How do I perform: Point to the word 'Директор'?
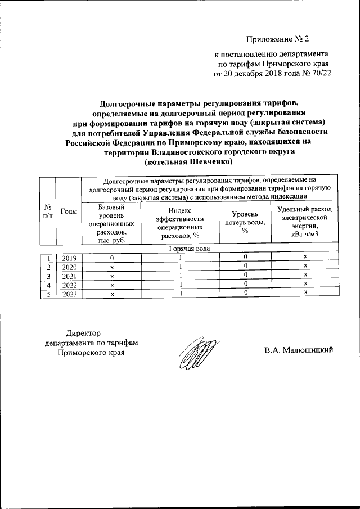(x=83, y=333)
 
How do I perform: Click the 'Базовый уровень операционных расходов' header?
(x=111, y=223)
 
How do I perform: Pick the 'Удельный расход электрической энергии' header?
(x=305, y=223)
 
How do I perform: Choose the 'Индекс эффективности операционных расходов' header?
(x=179, y=223)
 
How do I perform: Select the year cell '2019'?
(x=69, y=257)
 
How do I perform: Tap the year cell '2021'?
(x=69, y=276)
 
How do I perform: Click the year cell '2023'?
(x=69, y=294)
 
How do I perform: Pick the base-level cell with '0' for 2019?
(x=111, y=257)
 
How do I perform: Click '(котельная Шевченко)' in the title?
(x=188, y=161)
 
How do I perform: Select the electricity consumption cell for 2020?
(x=305, y=266)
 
